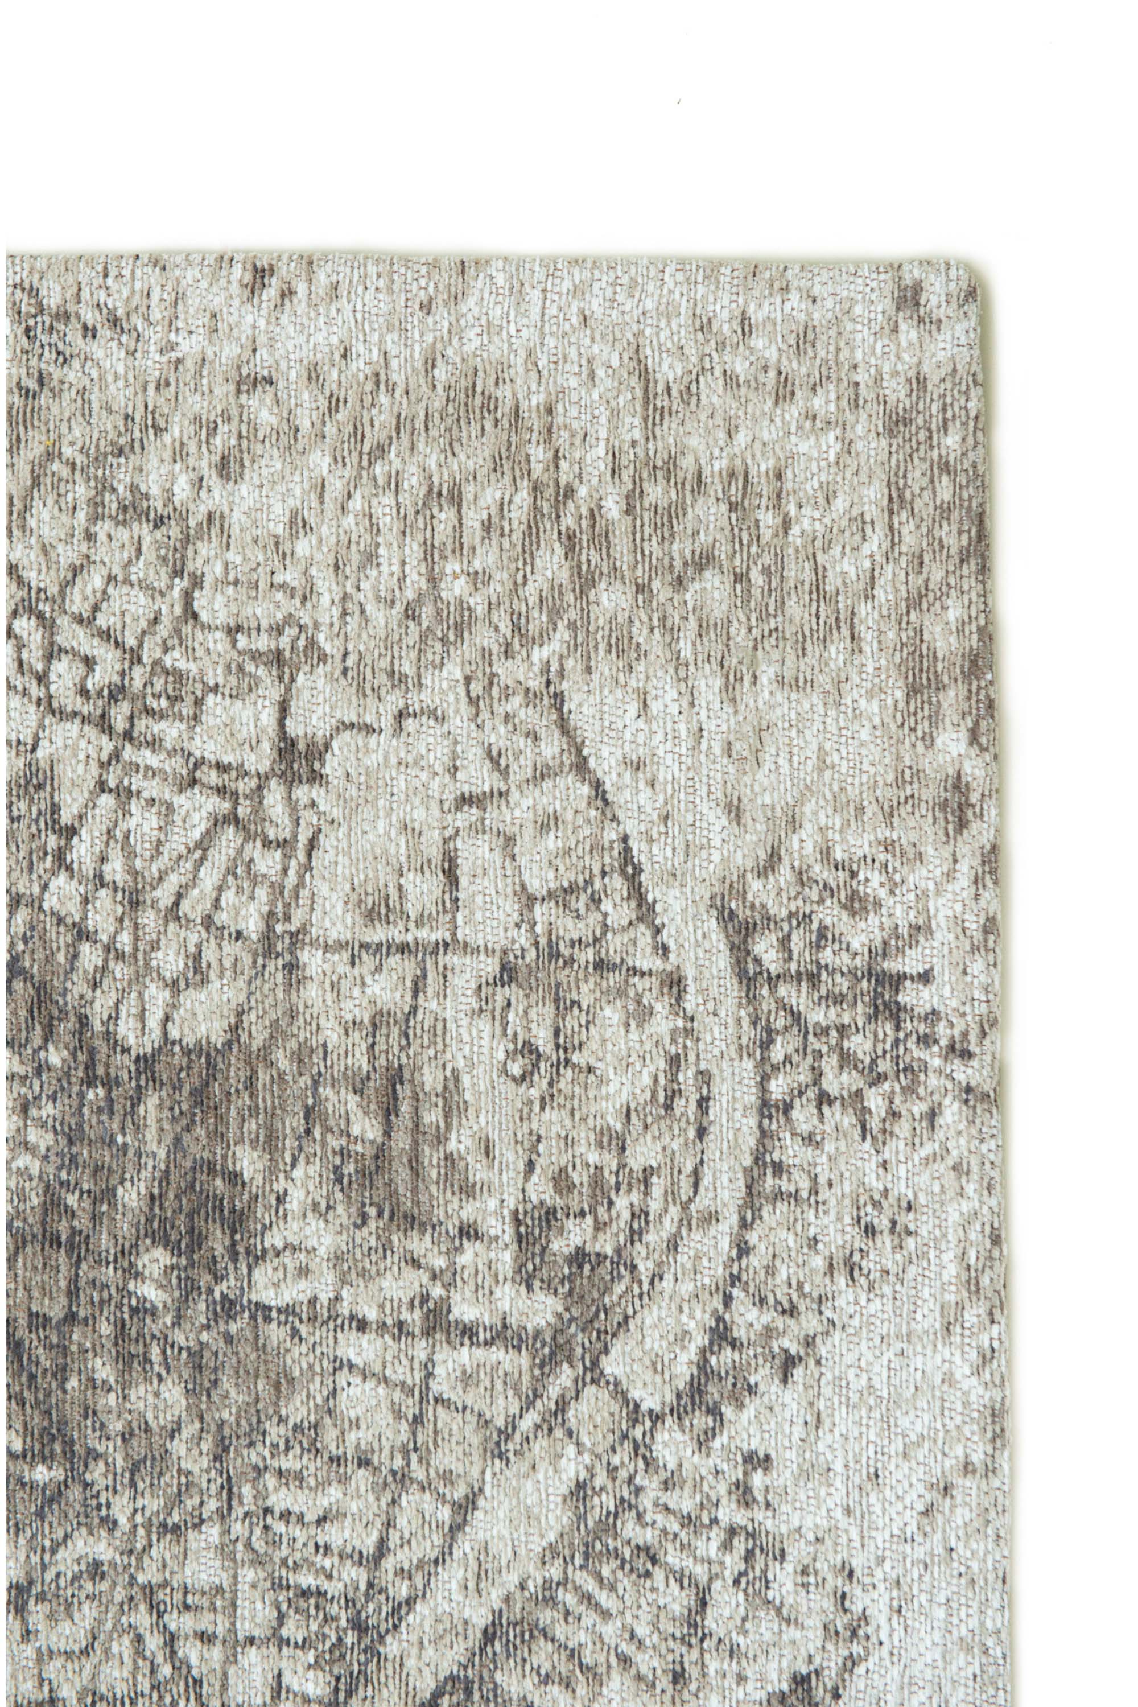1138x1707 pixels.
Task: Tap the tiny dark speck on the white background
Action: pos(679,101)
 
